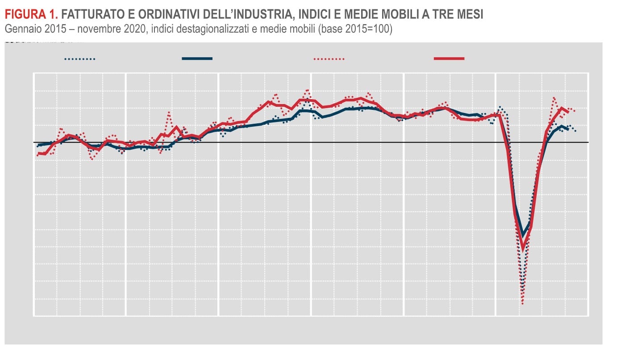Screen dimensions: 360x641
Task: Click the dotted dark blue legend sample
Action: coord(80,59)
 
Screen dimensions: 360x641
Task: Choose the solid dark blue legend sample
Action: coord(197,59)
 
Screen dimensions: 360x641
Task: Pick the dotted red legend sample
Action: coord(329,59)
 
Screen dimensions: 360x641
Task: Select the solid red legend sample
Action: coord(449,59)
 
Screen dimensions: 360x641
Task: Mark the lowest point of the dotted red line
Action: coord(522,304)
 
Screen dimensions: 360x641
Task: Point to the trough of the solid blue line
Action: coord(523,234)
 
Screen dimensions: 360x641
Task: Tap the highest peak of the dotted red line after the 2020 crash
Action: coord(554,98)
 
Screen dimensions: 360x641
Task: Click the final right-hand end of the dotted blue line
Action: coord(576,131)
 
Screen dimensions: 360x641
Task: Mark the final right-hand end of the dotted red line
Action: coord(575,111)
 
